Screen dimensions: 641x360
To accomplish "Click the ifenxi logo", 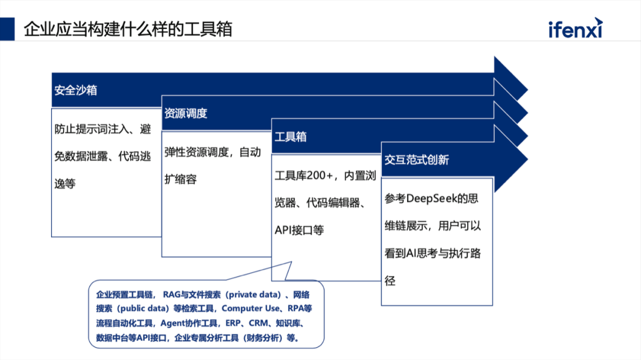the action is [575, 28].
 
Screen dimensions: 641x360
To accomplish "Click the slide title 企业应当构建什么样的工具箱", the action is [128, 29].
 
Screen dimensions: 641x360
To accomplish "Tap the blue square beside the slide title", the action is [7, 28].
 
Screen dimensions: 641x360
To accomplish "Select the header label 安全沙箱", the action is [75, 90].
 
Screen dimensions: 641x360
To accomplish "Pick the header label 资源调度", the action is [186, 113].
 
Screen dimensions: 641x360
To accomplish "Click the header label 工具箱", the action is [290, 136].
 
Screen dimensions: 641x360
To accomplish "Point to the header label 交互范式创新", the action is [417, 160].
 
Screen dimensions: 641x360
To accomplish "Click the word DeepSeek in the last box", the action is [431, 199].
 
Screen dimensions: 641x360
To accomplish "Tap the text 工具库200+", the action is [304, 176].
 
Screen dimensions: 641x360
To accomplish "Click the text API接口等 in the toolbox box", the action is [299, 230].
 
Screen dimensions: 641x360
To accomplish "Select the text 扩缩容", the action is [180, 179].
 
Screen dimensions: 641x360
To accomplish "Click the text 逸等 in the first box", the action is [65, 184].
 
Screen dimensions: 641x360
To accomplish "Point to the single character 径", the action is [390, 281].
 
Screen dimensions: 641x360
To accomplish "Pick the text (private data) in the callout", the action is [253, 295].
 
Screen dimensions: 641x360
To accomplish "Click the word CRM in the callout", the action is [258, 323].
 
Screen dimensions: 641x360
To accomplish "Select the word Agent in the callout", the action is [173, 323].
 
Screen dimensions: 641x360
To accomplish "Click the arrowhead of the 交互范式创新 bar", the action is [511, 160].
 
